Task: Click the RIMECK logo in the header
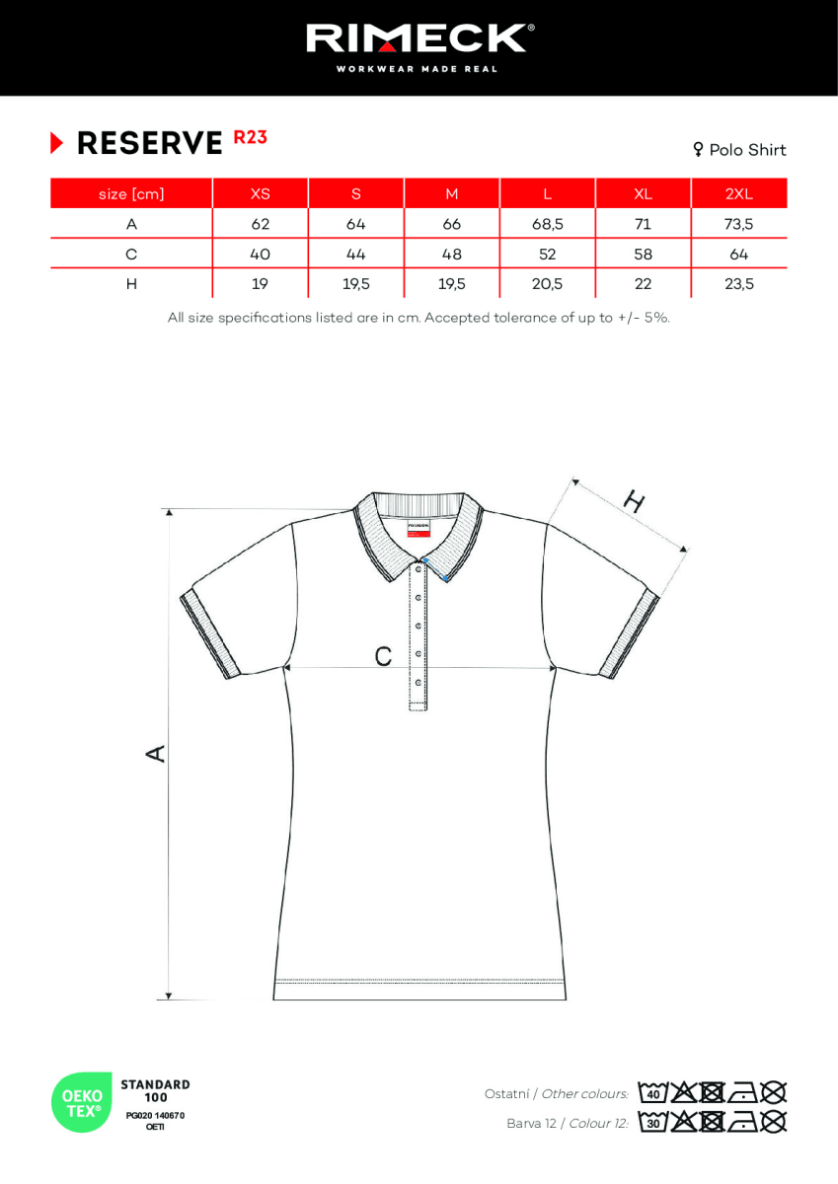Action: pos(419,39)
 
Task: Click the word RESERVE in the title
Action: pos(150,144)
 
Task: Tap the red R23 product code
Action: pos(250,138)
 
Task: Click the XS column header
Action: pos(260,193)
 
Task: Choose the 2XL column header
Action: pos(738,193)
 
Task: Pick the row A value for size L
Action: pos(547,224)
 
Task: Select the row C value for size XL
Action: pos(643,254)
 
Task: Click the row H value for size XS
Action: pos(260,284)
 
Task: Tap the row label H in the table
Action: pos(131,284)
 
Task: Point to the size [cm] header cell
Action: pos(131,193)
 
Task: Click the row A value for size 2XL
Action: pos(738,224)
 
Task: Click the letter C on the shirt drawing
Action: pos(383,656)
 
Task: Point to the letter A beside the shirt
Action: pos(155,754)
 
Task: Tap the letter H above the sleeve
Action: pos(634,503)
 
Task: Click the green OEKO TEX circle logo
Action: pos(81,1102)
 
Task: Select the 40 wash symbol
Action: pos(651,1093)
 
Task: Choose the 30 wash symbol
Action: pos(651,1122)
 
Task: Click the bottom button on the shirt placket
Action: pos(419,683)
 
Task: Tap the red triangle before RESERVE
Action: pos(57,144)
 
